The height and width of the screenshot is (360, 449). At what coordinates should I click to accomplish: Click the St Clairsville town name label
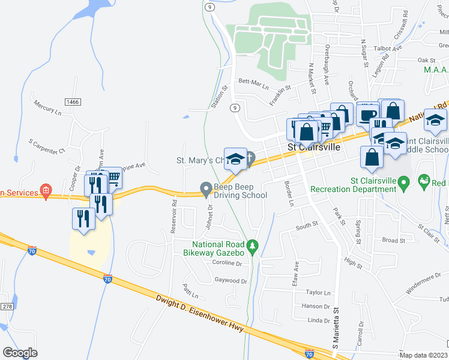313,147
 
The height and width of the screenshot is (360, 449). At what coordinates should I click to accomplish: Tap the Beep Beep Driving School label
241,191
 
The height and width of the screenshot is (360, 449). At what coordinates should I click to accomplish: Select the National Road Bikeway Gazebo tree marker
253,245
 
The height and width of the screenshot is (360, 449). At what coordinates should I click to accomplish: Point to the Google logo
20,353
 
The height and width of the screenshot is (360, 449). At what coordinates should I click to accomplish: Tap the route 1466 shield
73,102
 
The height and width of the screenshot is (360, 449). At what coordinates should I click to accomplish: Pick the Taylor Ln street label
318,293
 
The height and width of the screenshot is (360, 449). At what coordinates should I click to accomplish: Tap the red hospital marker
45,191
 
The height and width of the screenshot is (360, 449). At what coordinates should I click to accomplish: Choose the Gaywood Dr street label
231,280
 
